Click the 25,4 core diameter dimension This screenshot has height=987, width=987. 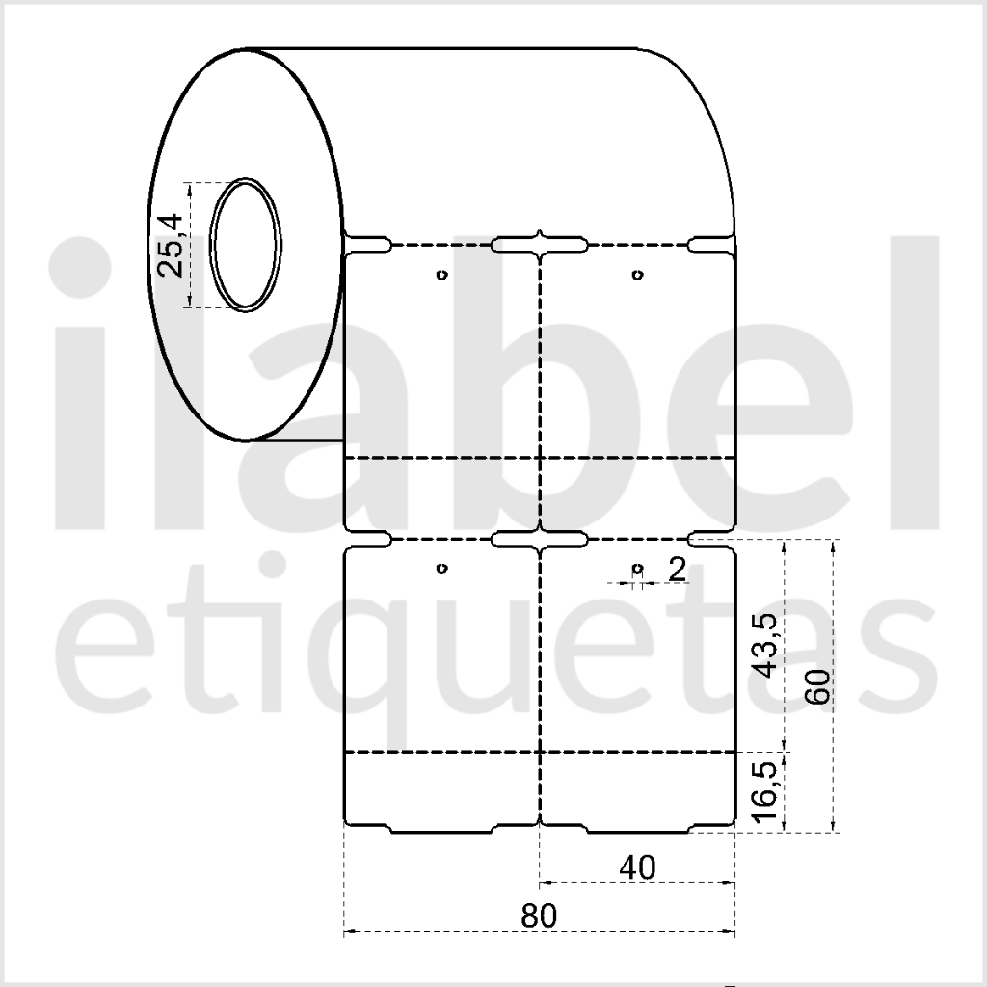[x=170, y=246]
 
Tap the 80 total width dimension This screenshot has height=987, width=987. [x=539, y=916]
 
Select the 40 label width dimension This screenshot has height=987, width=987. [x=637, y=868]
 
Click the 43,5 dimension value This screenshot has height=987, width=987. [x=766, y=645]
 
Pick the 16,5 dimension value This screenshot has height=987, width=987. [x=766, y=790]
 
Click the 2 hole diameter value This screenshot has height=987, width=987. [x=677, y=570]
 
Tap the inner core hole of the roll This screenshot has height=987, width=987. [x=246, y=245]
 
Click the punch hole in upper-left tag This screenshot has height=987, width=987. [x=441, y=275]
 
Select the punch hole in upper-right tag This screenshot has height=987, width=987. [x=638, y=275]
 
